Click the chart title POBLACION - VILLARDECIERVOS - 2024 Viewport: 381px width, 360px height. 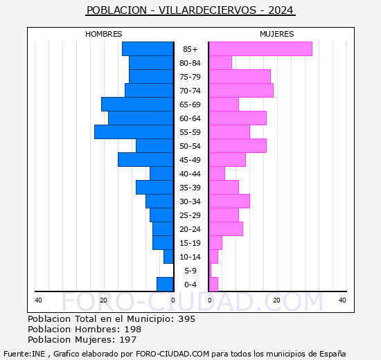(x=190, y=10)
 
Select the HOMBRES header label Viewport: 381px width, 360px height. (x=103, y=34)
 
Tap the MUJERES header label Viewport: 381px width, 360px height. (x=277, y=34)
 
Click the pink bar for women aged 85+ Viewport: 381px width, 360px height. (x=260, y=49)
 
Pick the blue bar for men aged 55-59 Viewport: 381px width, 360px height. (x=134, y=132)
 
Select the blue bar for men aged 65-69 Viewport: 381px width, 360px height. (x=137, y=105)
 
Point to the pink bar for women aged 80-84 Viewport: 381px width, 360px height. (x=220, y=63)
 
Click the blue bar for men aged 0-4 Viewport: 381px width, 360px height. (x=165, y=285)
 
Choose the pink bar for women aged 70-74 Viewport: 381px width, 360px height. (x=241, y=91)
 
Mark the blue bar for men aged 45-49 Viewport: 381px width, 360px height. (x=145, y=160)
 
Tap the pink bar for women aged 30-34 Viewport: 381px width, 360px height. (x=229, y=201)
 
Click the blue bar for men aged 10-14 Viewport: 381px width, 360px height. (x=168, y=257)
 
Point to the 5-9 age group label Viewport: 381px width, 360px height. (x=190, y=271)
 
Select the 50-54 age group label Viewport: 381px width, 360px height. (x=190, y=146)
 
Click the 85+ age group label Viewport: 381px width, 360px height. (x=190, y=49)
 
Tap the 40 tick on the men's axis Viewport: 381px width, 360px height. (x=38, y=300)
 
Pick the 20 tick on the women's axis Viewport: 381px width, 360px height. (x=276, y=300)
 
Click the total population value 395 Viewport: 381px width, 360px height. (x=187, y=318)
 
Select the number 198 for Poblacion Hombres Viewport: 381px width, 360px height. (x=133, y=329)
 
